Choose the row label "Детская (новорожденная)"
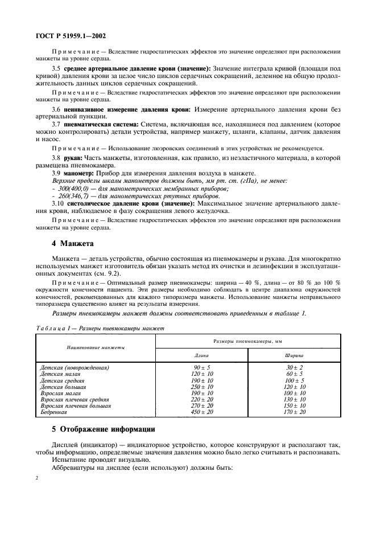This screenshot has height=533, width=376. coord(75,368)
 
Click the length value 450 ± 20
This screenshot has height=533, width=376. coord(203,412)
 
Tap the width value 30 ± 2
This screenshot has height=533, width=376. coord(294,368)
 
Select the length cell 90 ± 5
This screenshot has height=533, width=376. coord(203,368)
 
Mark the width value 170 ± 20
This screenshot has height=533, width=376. coord(294,412)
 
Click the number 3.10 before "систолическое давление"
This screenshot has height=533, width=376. coord(59,203)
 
